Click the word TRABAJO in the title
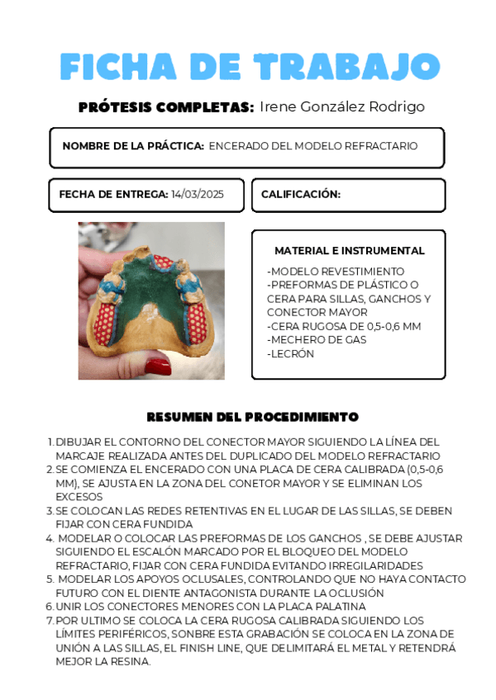click(x=346, y=67)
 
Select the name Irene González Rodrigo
click(x=342, y=107)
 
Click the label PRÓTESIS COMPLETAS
click(x=165, y=107)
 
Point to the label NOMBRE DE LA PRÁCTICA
click(x=133, y=146)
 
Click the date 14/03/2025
click(x=198, y=195)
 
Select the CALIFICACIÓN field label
click(x=301, y=195)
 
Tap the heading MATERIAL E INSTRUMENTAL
click(x=350, y=250)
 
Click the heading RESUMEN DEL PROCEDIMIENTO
click(x=252, y=417)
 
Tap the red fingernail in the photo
click(x=157, y=364)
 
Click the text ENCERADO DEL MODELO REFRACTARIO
click(x=313, y=146)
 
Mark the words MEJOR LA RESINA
click(x=103, y=661)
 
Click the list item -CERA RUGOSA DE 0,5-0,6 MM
click(x=344, y=326)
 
